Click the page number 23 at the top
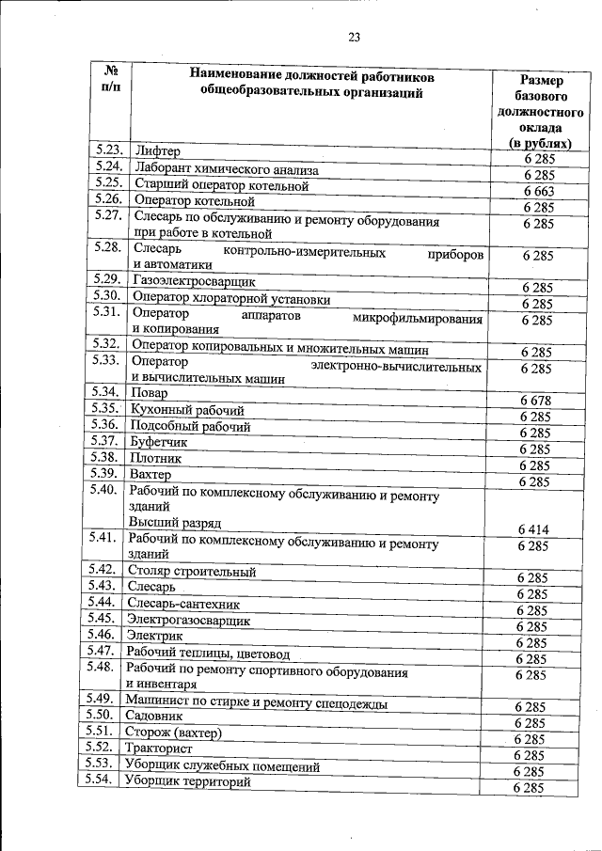pyautogui.click(x=355, y=38)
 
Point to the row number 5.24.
pyautogui.click(x=109, y=165)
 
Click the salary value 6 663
pyautogui.click(x=539, y=191)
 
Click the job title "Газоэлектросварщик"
pyautogui.click(x=194, y=281)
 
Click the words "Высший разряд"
pyautogui.click(x=175, y=523)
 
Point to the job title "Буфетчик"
pyautogui.click(x=161, y=442)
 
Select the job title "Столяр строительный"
pyautogui.click(x=193, y=571)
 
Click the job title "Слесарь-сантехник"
pyautogui.click(x=183, y=605)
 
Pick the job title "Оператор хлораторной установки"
pyautogui.click(x=231, y=299)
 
